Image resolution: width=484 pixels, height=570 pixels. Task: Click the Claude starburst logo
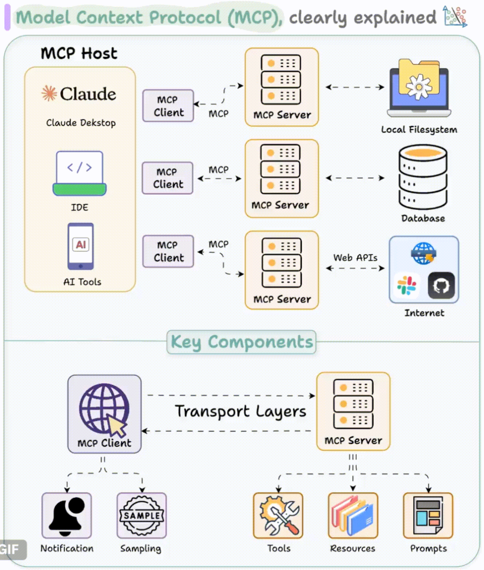point(49,93)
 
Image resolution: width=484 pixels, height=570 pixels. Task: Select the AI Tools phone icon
point(81,246)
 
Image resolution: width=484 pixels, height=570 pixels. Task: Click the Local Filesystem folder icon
point(419,87)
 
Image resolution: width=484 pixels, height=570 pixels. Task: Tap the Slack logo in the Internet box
point(406,286)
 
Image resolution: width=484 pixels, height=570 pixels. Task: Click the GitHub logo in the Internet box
point(441,286)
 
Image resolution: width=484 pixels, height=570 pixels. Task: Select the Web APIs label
point(355,258)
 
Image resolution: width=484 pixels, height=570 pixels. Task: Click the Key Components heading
point(242,342)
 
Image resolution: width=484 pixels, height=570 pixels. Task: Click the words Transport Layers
point(241,412)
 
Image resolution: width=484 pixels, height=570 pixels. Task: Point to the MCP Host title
point(79,54)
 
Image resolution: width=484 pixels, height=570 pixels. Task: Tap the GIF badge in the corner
point(11,549)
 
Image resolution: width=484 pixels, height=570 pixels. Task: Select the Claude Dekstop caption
point(81,123)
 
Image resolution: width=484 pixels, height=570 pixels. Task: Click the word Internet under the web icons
point(424,313)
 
